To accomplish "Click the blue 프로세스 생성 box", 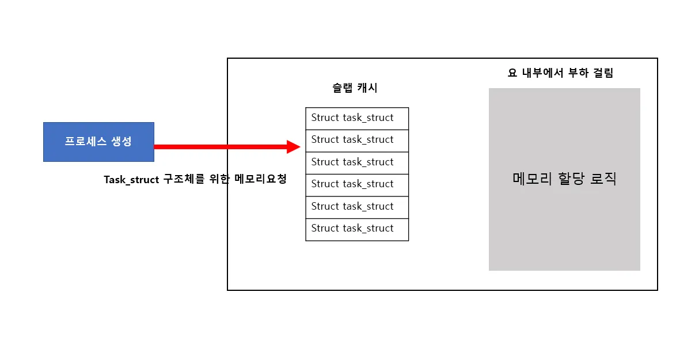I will [x=98, y=142].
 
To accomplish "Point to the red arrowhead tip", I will [x=299, y=147].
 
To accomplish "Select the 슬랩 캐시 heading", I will [x=355, y=88].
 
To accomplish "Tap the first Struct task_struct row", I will [x=357, y=118].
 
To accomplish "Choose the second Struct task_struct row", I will [x=357, y=140].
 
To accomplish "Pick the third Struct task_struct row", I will [x=357, y=162].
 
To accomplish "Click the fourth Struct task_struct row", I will [x=357, y=184].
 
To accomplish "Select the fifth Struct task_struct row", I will [x=357, y=207].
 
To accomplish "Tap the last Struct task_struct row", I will [x=357, y=229].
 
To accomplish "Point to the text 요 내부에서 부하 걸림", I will [x=560, y=73].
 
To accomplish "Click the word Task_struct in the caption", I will [x=131, y=180].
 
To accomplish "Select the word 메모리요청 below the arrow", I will [x=261, y=179].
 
